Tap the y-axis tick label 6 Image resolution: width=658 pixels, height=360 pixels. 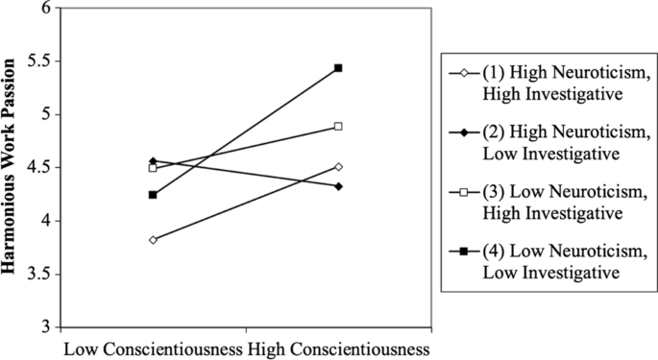[x=44, y=8]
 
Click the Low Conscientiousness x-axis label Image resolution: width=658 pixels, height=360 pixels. [x=153, y=347]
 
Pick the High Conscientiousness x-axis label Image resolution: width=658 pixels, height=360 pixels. [x=338, y=347]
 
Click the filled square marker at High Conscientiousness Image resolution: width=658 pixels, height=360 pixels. [x=338, y=68]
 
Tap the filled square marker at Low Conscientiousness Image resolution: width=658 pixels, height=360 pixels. [x=153, y=195]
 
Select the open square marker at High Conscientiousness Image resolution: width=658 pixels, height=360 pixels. [x=338, y=126]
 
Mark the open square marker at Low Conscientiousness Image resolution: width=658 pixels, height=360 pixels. [x=153, y=168]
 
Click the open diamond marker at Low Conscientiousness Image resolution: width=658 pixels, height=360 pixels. [x=153, y=239]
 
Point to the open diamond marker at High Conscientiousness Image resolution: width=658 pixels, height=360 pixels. [x=338, y=166]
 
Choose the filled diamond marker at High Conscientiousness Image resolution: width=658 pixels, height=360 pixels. [x=338, y=185]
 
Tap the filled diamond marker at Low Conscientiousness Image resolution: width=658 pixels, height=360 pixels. [x=153, y=160]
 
